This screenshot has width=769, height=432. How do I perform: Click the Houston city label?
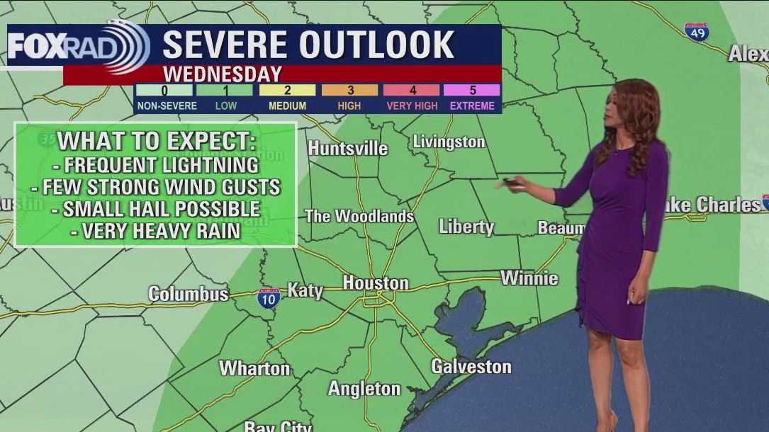376,283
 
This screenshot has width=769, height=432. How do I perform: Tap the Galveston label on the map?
471,367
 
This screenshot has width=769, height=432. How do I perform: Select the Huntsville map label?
348,148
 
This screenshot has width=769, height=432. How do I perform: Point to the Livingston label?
449,142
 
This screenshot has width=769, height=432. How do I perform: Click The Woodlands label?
359,216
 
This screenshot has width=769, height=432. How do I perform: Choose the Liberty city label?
466,227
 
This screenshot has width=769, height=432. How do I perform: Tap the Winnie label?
529,278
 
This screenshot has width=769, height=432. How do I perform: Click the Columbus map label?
189,294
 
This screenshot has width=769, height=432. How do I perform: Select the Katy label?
305,290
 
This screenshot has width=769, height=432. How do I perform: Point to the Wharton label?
254,368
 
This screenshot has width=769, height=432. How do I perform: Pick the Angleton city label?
364,389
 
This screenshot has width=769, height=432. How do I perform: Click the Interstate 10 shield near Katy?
269,297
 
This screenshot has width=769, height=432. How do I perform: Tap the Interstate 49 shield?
697,32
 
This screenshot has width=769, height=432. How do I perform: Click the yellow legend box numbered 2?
287,90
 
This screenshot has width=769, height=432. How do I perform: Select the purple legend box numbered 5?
472,90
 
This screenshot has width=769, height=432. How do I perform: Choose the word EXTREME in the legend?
472,106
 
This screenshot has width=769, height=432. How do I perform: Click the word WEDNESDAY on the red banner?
223,74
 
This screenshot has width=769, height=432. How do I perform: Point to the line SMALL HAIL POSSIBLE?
162,210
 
